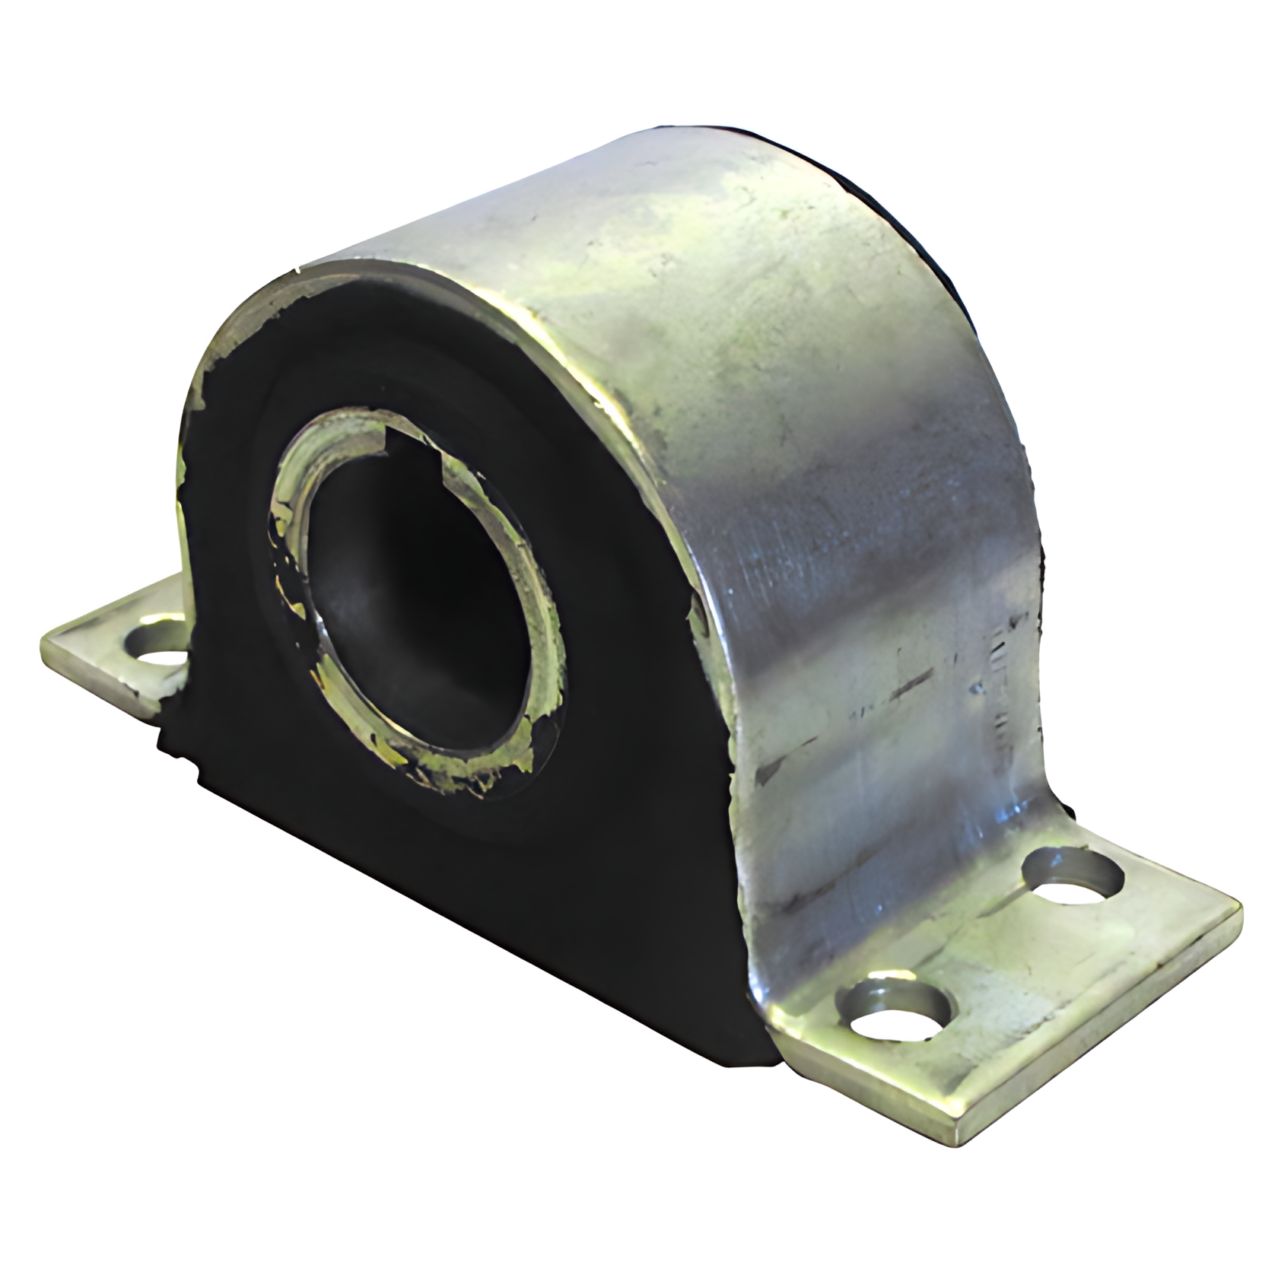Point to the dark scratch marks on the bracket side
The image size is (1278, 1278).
pyautogui.click(x=898, y=685)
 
